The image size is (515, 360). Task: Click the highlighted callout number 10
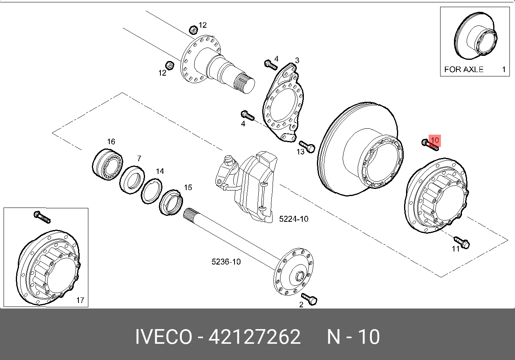pos(435,140)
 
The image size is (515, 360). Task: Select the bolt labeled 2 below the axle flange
pos(309,299)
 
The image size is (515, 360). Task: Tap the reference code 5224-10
pos(294,219)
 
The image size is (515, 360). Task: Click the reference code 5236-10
pos(226,262)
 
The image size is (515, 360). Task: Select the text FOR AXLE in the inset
pos(463,69)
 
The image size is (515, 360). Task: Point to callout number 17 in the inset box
pos(80,300)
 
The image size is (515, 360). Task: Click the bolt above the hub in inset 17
pos(42,217)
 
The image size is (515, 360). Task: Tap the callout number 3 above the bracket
pos(297,61)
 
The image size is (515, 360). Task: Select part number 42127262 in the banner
pos(254,337)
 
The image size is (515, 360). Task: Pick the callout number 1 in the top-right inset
pos(504,69)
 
